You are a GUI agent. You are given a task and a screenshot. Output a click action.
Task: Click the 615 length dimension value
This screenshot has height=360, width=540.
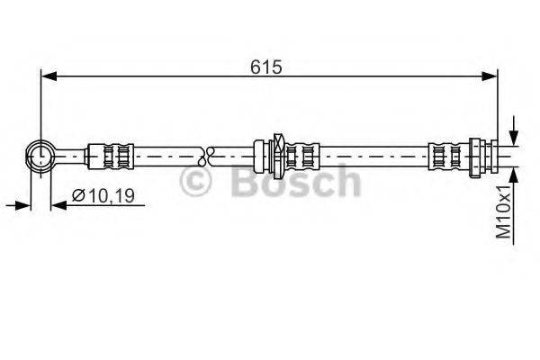click(x=268, y=66)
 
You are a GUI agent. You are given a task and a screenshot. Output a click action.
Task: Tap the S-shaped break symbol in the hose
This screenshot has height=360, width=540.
click(x=210, y=156)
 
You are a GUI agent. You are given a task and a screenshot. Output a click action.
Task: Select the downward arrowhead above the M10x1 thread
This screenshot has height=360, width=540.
click(x=513, y=137)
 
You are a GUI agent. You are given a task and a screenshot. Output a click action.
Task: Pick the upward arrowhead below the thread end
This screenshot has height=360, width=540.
click(x=513, y=174)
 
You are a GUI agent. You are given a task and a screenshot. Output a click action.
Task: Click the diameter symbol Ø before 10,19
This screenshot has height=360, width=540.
click(x=78, y=195)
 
